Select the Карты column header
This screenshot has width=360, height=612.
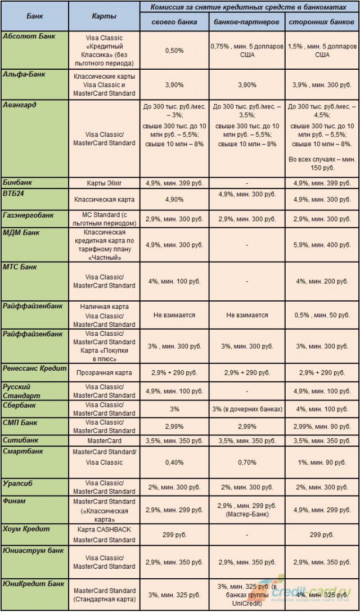(x=104, y=16)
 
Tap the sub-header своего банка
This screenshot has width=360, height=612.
(x=174, y=22)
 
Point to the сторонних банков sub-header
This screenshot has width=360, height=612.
(x=322, y=22)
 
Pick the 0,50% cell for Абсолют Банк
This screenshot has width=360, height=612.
(x=174, y=51)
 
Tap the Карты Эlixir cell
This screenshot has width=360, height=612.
(x=104, y=183)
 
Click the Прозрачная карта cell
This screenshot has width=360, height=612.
(x=104, y=372)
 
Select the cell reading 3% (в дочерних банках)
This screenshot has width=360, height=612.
(x=248, y=409)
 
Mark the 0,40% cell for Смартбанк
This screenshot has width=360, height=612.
(x=174, y=462)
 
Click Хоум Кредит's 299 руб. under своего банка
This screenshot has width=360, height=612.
(x=174, y=534)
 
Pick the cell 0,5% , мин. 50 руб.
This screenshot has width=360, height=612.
(x=322, y=316)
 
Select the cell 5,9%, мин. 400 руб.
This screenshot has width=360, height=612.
(x=322, y=245)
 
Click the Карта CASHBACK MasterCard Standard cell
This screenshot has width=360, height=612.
(x=104, y=534)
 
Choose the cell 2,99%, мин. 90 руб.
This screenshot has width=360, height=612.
(x=322, y=427)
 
